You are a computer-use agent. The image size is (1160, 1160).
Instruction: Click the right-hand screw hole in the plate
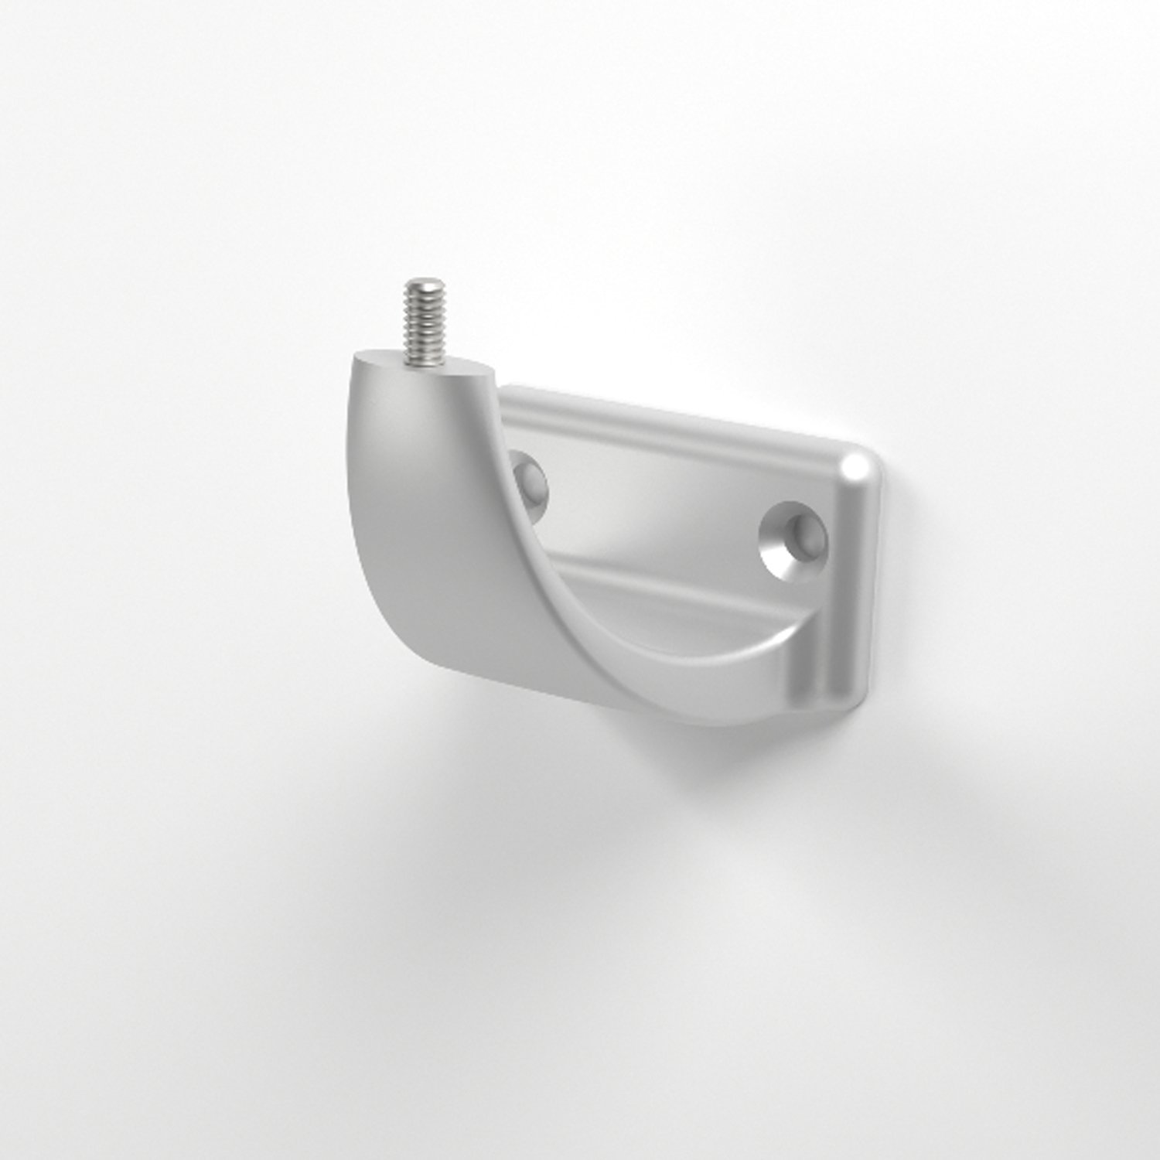coord(792,538)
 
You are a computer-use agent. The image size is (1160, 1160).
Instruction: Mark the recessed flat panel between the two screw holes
coord(657,510)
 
